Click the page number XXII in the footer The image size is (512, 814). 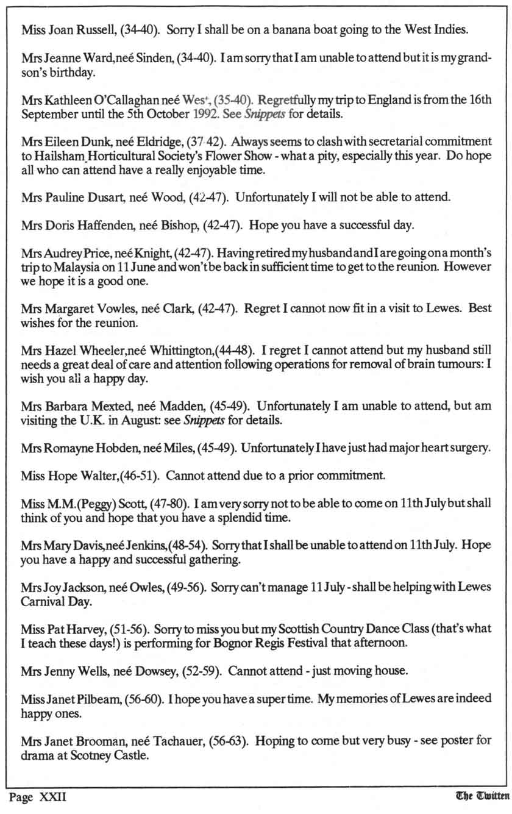pyautogui.click(x=52, y=798)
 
